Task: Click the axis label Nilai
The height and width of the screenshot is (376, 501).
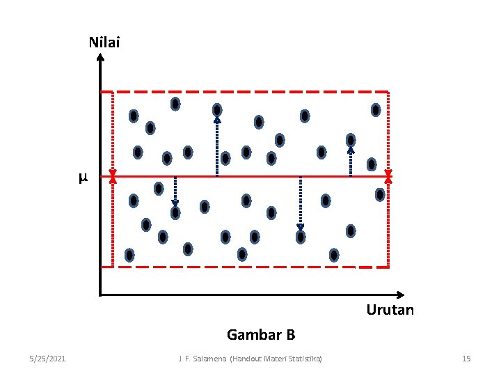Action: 104,42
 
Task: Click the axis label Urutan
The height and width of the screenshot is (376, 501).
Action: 390,310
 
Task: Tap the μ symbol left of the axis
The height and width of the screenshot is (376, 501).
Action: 83,178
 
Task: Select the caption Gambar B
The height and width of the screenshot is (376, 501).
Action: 261,335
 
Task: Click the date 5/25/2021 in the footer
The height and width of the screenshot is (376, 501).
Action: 48,359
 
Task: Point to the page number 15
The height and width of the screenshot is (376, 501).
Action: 466,359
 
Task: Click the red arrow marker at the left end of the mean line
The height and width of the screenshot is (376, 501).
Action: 113,177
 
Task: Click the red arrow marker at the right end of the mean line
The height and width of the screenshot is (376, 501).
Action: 388,177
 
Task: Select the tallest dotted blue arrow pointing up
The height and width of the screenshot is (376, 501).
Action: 217,146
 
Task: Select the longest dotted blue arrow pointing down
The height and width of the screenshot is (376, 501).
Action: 301,202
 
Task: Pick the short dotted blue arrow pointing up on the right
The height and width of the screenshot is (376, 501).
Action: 351,160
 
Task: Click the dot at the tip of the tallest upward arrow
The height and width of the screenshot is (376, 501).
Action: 217,110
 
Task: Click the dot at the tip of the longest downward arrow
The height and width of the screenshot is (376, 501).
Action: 301,237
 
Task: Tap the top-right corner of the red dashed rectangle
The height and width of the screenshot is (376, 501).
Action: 388,92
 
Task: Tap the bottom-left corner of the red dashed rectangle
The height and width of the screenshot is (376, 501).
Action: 102,267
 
